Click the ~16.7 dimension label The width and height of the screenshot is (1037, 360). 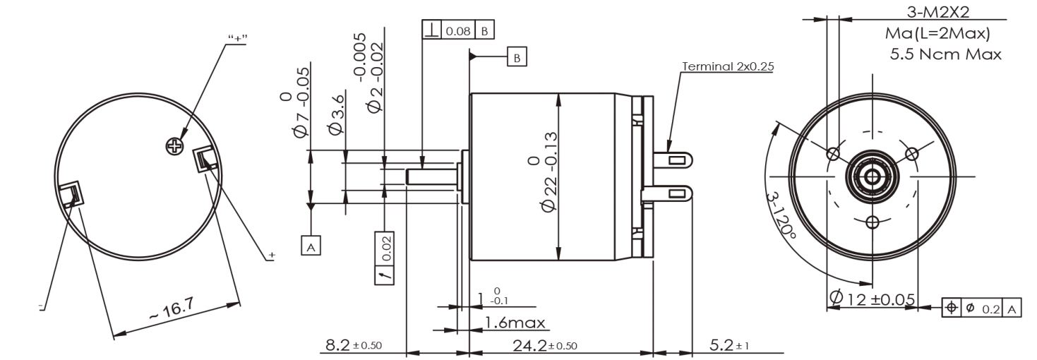pyautogui.click(x=172, y=310)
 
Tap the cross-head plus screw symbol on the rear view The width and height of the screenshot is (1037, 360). pyautogui.click(x=174, y=147)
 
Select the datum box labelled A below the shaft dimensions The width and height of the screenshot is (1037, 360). pyautogui.click(x=311, y=246)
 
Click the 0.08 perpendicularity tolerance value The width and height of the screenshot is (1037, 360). pyautogui.click(x=458, y=31)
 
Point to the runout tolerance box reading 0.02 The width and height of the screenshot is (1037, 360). pyautogui.click(x=385, y=258)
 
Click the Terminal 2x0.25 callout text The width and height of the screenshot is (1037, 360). pyautogui.click(x=728, y=66)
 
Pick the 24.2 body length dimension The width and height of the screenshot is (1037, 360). pyautogui.click(x=545, y=346)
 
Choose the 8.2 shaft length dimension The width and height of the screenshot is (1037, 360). pyautogui.click(x=354, y=345)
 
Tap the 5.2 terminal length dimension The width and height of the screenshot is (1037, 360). pyautogui.click(x=729, y=345)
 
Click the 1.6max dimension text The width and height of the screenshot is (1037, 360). pyautogui.click(x=515, y=323)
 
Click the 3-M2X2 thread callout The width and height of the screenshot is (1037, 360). pyautogui.click(x=937, y=11)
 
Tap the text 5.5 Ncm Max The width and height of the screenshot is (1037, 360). pyautogui.click(x=945, y=54)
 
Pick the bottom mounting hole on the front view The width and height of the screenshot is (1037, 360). pyautogui.click(x=873, y=222)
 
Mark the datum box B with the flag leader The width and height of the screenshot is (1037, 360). pyautogui.click(x=517, y=57)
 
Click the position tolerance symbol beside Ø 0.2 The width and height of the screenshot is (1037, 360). pyautogui.click(x=952, y=307)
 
